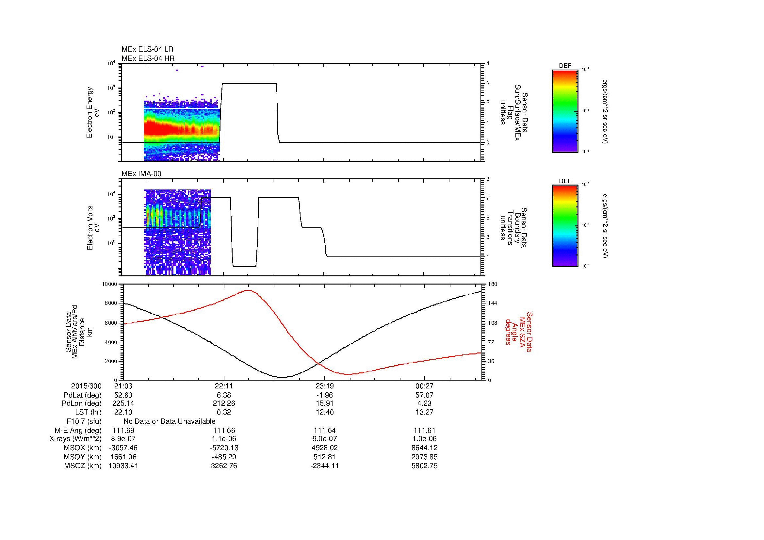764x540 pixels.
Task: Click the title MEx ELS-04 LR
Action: (x=147, y=49)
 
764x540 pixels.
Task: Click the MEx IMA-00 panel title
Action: (x=141, y=174)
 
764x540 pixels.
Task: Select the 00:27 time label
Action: (x=424, y=386)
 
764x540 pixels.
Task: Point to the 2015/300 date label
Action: (x=86, y=386)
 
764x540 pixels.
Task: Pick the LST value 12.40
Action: (x=324, y=412)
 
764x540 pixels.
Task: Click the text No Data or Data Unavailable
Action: (x=170, y=421)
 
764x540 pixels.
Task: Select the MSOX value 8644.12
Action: (x=424, y=448)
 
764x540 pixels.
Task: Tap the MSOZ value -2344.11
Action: (x=324, y=466)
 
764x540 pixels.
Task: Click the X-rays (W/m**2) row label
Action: (x=75, y=439)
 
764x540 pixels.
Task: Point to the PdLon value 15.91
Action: (x=324, y=403)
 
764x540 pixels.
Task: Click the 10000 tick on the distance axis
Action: (x=109, y=284)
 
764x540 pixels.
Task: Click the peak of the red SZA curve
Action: (x=249, y=290)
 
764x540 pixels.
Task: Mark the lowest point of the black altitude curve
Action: (x=282, y=377)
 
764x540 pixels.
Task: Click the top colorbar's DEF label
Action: (x=565, y=66)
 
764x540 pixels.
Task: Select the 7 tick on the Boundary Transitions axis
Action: (x=488, y=198)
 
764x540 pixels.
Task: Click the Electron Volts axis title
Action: (x=93, y=228)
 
